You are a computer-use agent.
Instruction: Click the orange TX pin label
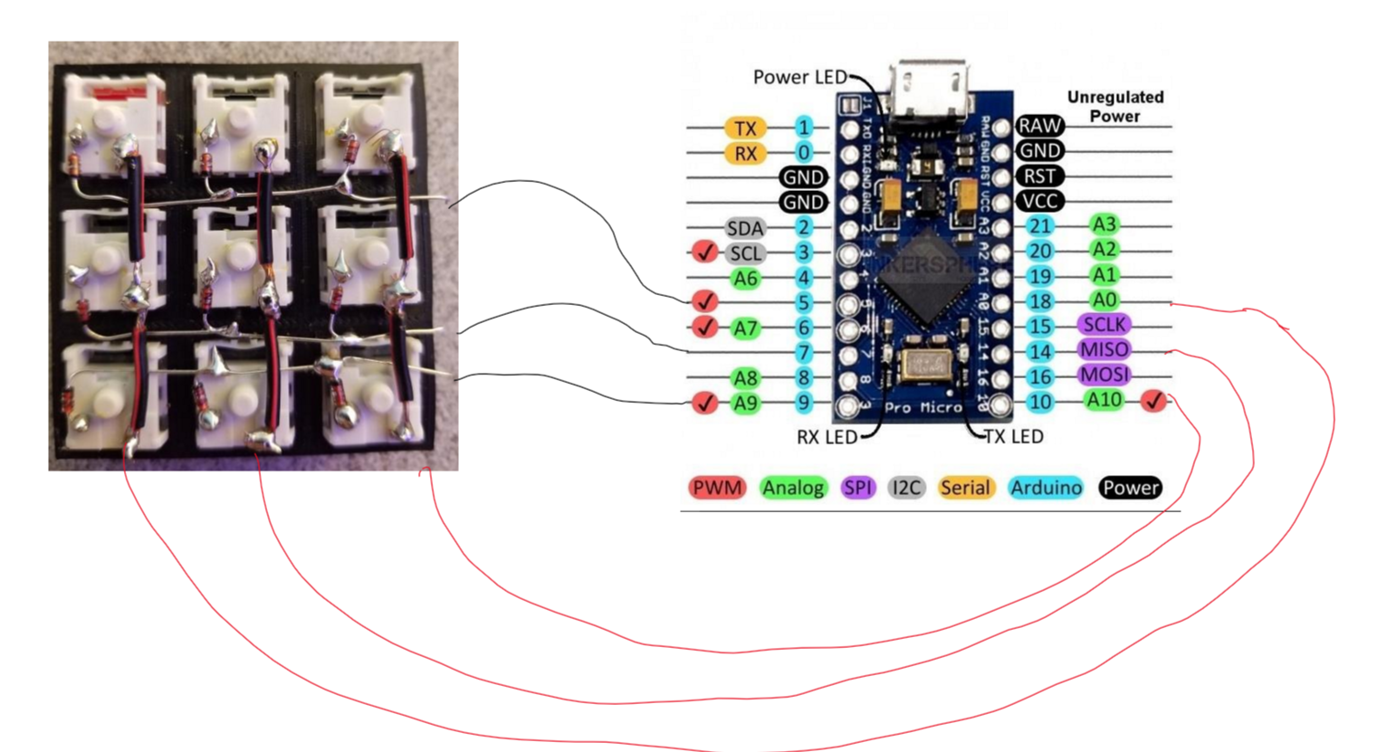click(745, 129)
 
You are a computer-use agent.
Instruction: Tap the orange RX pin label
click(745, 154)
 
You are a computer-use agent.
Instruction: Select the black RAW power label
click(1039, 126)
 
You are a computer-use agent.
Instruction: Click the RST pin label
click(1039, 176)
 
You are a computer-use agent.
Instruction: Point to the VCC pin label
click(1039, 201)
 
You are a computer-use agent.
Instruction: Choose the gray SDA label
click(745, 228)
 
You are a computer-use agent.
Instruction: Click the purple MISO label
click(1104, 350)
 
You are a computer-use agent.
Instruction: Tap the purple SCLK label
click(1104, 325)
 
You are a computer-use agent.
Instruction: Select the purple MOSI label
click(1104, 375)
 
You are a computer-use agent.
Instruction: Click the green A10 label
click(1104, 400)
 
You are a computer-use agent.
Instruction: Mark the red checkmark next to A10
click(1153, 401)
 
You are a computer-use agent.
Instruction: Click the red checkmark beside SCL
click(704, 252)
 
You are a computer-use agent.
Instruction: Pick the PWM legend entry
click(716, 489)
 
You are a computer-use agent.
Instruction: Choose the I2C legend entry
click(906, 489)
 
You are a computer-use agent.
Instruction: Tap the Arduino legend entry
click(1046, 489)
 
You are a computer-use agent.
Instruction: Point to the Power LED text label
click(799, 78)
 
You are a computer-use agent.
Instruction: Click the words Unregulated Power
click(1114, 107)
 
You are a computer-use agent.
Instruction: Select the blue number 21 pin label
click(1040, 226)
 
